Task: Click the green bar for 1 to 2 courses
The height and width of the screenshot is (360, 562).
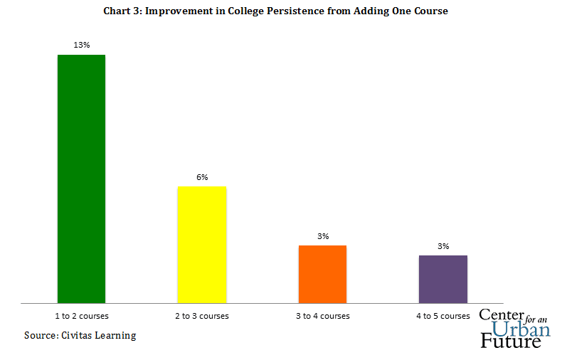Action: (x=81, y=179)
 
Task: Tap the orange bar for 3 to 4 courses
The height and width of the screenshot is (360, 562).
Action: (x=322, y=274)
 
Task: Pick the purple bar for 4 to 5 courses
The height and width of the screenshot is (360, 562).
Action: (x=442, y=279)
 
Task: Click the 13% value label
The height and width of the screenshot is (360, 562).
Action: (x=81, y=45)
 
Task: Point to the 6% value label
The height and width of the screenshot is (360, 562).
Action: (x=202, y=176)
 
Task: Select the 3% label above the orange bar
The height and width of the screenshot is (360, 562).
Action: (x=323, y=236)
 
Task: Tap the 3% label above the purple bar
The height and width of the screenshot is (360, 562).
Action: (x=443, y=246)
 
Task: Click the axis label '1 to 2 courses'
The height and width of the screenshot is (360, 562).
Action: (x=82, y=315)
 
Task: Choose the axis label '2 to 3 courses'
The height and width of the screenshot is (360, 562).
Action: (x=202, y=315)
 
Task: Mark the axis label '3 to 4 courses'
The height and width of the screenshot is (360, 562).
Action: (x=323, y=315)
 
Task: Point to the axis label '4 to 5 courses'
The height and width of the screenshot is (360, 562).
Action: (x=443, y=315)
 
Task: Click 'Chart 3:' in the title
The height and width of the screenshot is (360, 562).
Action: (x=123, y=12)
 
